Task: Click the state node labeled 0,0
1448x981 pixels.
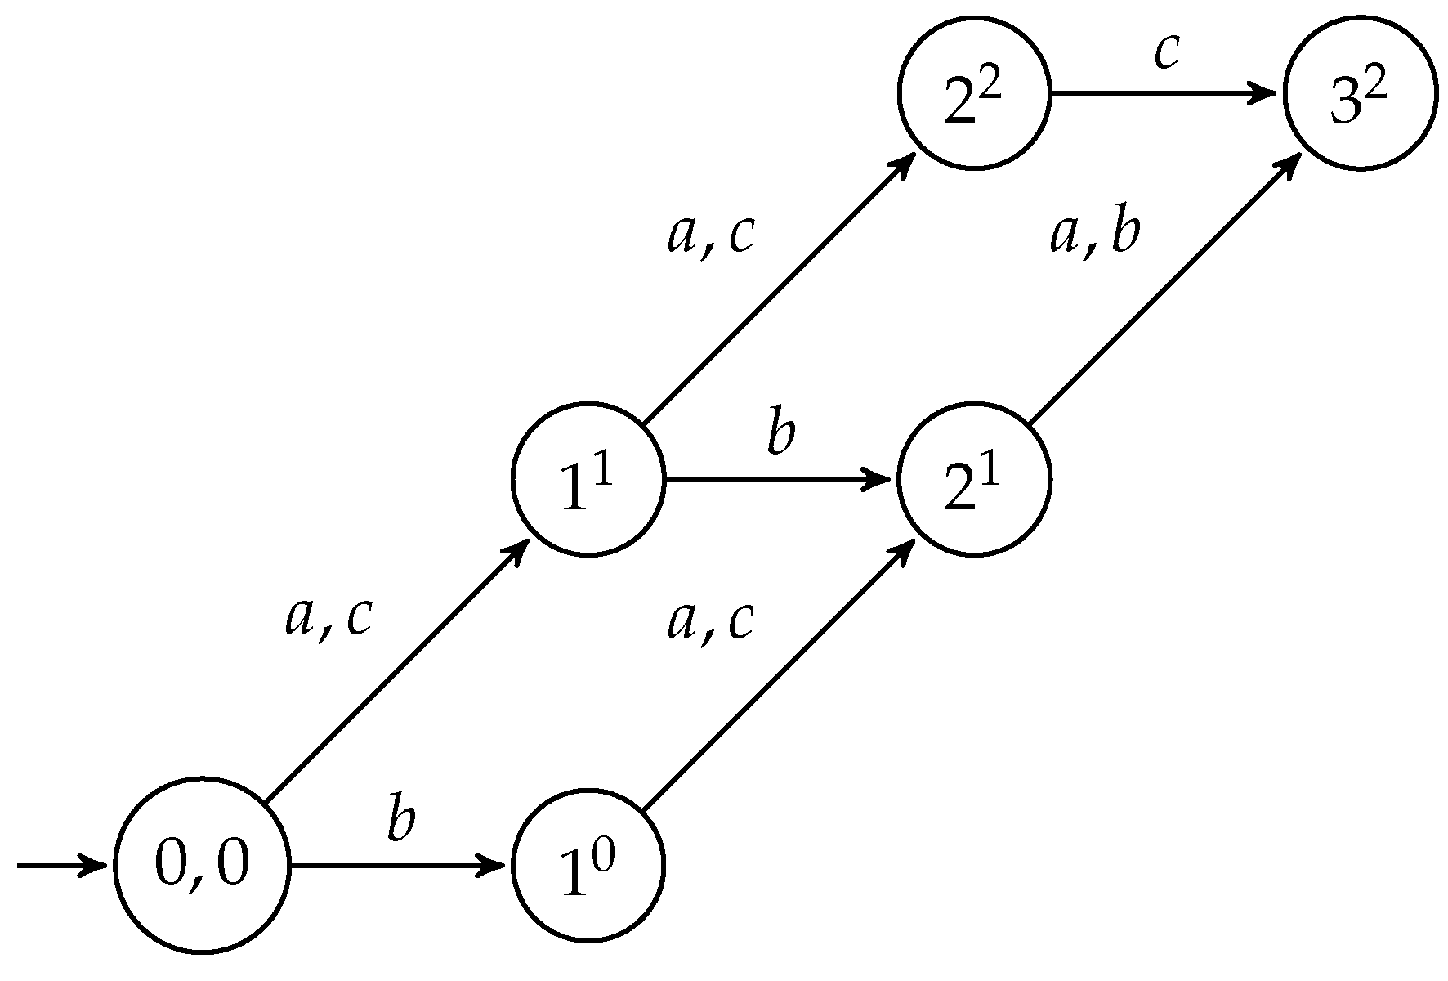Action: (202, 865)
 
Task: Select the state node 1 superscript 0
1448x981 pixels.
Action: (588, 865)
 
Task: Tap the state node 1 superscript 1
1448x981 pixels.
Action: (588, 479)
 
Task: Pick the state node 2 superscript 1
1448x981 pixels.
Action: (973, 479)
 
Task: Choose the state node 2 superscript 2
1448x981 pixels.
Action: (973, 93)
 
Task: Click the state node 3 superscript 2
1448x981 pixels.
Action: (1360, 93)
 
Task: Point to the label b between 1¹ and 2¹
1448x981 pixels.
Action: (780, 434)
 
